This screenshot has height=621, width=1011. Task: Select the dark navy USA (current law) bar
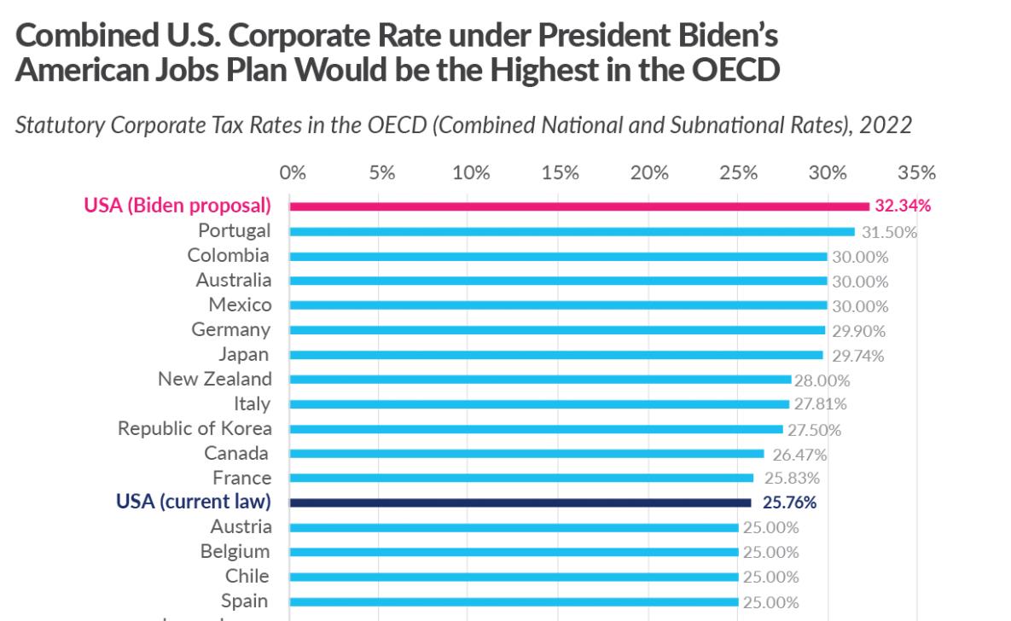click(520, 502)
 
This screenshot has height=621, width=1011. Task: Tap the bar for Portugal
click(572, 231)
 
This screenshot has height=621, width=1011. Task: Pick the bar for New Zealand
click(540, 380)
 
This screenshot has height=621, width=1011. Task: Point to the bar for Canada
click(526, 454)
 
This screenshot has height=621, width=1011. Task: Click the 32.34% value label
click(903, 206)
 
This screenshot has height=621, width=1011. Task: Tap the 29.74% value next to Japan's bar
click(856, 356)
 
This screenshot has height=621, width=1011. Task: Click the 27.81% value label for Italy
click(820, 404)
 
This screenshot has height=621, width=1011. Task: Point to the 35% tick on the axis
click(917, 172)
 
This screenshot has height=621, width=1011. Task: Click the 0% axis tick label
click(293, 172)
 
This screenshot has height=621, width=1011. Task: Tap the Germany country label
click(230, 329)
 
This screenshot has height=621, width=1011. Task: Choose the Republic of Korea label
click(195, 428)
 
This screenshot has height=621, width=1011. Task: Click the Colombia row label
click(228, 255)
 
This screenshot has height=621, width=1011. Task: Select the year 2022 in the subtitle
click(886, 125)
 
